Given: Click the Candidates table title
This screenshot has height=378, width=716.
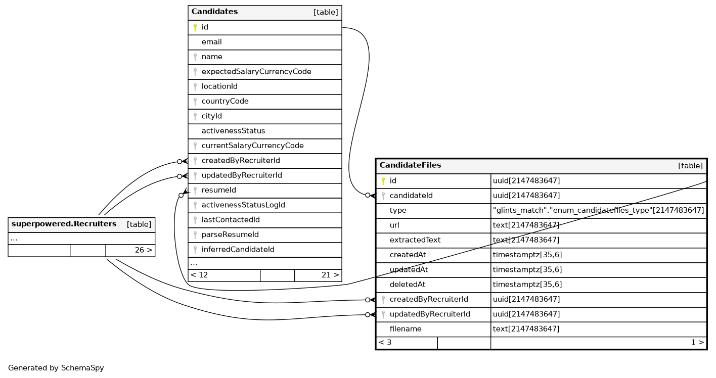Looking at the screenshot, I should coord(214,12).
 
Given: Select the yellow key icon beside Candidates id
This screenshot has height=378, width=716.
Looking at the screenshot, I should coord(195,27).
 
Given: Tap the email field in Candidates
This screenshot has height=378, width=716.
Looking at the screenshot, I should coord(211,42).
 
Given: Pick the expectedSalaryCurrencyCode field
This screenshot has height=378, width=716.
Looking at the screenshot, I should coord(256,72).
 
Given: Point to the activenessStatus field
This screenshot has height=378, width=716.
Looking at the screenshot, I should coord(233,131).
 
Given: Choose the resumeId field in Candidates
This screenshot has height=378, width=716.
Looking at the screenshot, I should coord(218,190).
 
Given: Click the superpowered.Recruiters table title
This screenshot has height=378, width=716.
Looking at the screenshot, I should coord(64,224).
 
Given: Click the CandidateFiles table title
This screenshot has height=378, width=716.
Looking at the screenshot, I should coord(410,165).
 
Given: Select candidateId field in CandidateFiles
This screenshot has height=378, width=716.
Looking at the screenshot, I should coord(411,196).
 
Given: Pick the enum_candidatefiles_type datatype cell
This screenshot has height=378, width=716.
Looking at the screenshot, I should coord(598,210).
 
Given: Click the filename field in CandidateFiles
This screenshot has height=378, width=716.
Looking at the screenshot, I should coord(405,329).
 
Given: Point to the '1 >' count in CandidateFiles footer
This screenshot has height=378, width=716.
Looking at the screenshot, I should coord(697,342).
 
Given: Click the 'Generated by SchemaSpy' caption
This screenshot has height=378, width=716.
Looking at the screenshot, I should coord(56,368).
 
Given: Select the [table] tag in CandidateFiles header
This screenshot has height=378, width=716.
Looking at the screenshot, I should coord(690,166).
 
